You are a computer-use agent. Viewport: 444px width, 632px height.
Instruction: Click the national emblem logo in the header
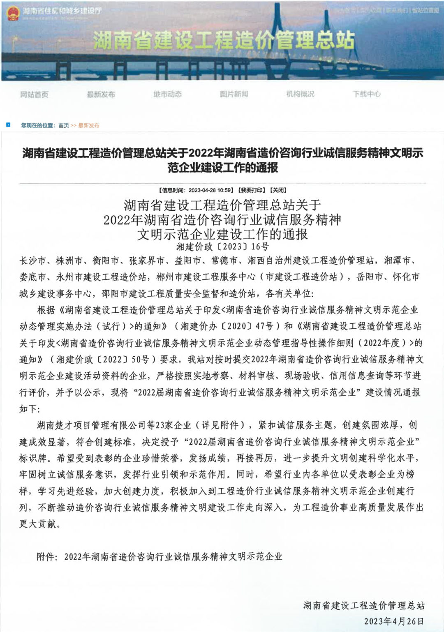tap(13, 13)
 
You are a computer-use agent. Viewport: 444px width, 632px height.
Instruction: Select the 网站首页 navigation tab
tap(34, 95)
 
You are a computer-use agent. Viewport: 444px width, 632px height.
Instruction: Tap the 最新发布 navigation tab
tap(101, 95)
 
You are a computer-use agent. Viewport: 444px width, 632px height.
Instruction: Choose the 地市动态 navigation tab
tap(167, 95)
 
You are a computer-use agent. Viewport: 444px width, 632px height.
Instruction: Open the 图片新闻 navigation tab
tap(234, 95)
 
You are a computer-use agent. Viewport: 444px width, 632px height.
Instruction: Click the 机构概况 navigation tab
tap(300, 95)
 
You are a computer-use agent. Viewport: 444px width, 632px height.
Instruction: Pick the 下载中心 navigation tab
tap(366, 95)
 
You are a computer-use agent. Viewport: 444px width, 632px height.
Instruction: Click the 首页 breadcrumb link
tap(63, 125)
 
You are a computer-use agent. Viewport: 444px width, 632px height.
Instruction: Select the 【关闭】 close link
tap(277, 190)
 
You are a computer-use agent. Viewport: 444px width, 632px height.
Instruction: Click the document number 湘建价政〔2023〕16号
tap(222, 247)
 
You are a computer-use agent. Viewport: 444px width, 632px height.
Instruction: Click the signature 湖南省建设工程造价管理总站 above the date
tap(363, 605)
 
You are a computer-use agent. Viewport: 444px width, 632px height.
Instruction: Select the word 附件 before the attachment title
tap(46, 557)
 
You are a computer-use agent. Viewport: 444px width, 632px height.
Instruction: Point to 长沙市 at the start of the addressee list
tap(33, 261)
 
